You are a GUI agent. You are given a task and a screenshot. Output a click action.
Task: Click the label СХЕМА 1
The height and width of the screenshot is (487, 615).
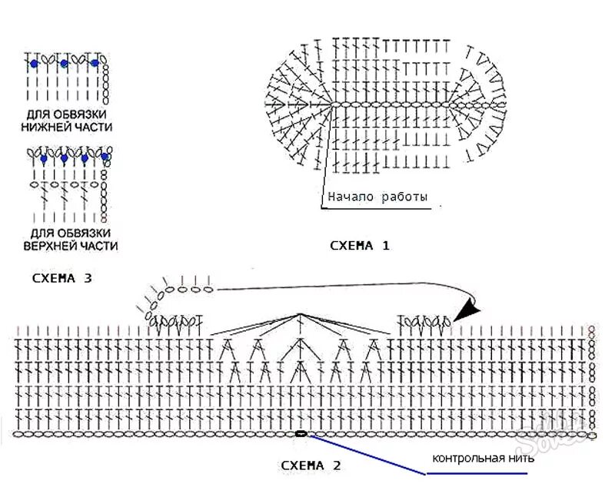pyautogui.click(x=359, y=247)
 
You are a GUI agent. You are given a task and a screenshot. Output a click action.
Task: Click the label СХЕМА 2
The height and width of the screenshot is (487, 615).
pyautogui.click(x=311, y=465)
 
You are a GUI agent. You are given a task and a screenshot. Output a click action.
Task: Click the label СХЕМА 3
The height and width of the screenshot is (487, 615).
pyautogui.click(x=62, y=278)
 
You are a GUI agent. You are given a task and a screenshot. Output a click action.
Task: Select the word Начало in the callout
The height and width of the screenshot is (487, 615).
pyautogui.click(x=350, y=197)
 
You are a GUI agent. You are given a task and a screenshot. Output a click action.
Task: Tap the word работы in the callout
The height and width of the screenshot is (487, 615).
pyautogui.click(x=403, y=197)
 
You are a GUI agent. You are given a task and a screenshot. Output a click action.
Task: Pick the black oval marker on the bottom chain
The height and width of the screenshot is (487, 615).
pyautogui.click(x=300, y=433)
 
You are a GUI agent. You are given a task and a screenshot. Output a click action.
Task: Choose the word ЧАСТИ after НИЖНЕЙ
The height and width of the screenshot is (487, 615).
pyautogui.click(x=92, y=128)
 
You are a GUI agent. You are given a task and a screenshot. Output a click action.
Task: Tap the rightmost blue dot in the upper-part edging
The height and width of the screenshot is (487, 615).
pyautogui.click(x=105, y=158)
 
